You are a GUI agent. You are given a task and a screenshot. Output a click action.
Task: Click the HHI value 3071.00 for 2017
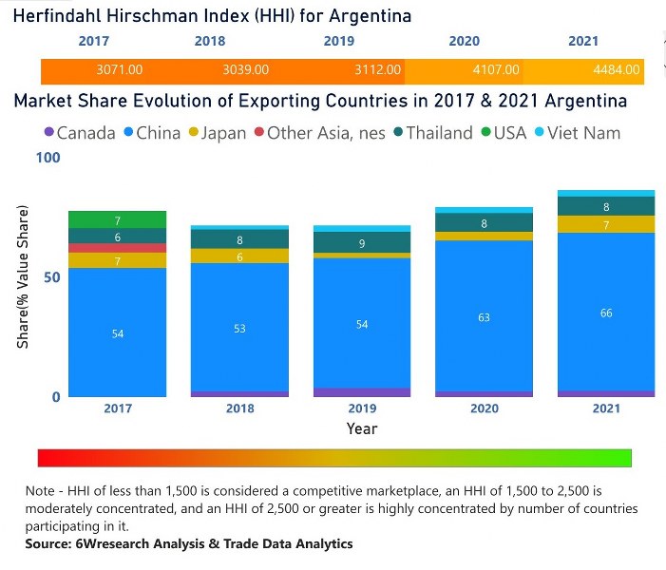[x=120, y=69]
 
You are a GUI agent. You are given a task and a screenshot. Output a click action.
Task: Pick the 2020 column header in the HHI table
[x=464, y=42]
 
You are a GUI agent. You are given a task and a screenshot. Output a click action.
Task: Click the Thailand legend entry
[x=431, y=133]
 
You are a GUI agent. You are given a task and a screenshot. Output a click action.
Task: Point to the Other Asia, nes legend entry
[x=317, y=133]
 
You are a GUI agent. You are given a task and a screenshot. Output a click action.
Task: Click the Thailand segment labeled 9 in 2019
[x=362, y=243]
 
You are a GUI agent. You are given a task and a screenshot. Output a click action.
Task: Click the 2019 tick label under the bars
[x=362, y=408]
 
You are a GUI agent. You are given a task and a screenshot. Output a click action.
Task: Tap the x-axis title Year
[x=362, y=428]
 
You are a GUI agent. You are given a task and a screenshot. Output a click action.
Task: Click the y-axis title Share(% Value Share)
[x=22, y=276]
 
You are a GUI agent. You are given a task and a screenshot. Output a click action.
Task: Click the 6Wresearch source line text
[x=190, y=544]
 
